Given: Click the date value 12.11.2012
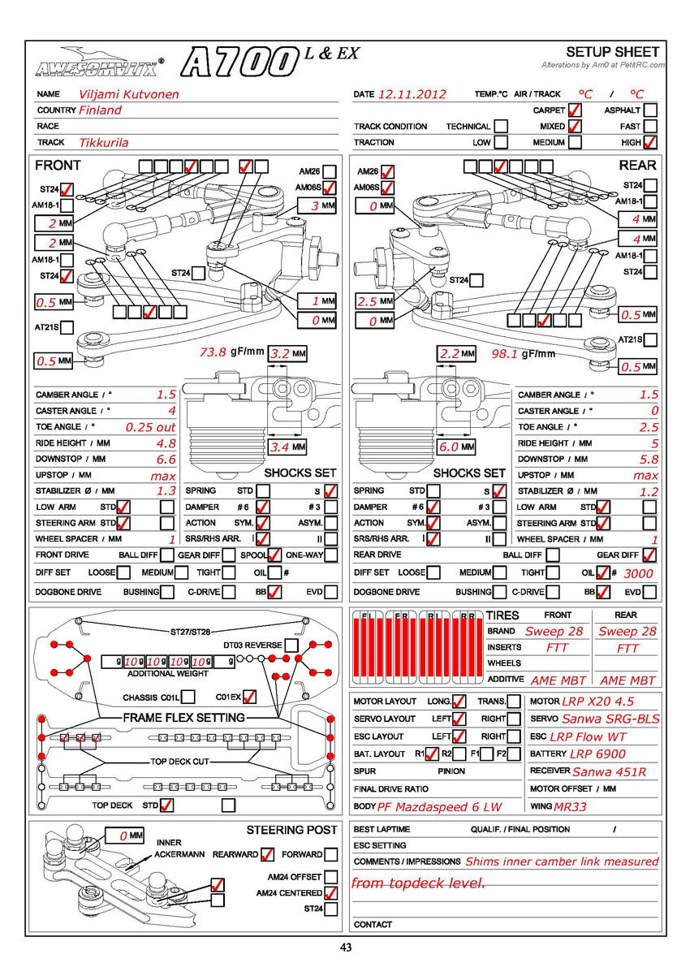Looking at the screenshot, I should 412,94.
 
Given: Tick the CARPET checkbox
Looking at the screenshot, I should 575,110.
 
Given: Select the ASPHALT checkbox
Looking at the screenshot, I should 649,110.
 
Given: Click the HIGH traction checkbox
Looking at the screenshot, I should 649,143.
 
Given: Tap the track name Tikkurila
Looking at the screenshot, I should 104,143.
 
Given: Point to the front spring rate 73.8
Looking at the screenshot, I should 213,353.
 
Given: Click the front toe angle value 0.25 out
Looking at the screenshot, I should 150,427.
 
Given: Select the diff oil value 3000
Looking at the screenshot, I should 634,573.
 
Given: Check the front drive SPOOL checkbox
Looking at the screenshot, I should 274,556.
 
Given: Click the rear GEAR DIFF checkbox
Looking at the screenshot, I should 649,556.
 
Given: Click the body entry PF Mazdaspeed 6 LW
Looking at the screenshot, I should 439,806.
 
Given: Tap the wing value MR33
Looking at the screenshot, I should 570,806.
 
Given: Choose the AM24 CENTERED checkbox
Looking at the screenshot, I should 330,893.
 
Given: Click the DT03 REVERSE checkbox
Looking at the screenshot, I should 291,646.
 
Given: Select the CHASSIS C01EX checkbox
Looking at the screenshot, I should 250,697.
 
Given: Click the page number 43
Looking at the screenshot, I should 346,946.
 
